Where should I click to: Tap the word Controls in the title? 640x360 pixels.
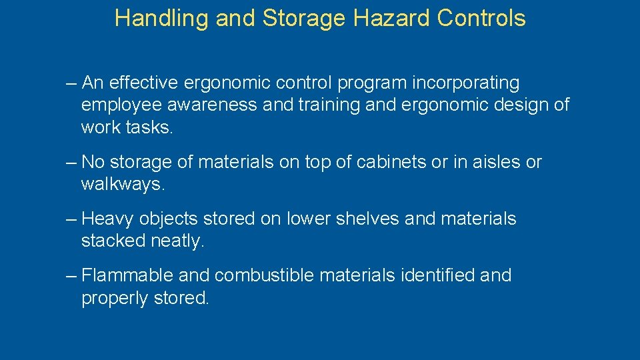point(481,19)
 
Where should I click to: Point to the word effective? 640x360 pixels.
point(143,83)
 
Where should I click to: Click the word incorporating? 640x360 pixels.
point(466,83)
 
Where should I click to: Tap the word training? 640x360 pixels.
point(341,105)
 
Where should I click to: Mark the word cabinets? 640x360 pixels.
point(389,162)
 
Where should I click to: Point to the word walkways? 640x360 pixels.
point(123,185)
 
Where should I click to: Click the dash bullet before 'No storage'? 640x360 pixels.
point(72,162)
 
